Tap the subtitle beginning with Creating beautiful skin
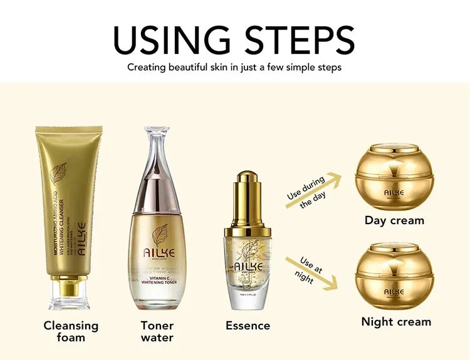click(x=234, y=67)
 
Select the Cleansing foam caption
click(x=71, y=331)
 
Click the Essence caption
click(x=248, y=326)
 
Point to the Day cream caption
click(x=394, y=220)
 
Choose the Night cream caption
click(x=396, y=322)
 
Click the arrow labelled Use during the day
click(x=313, y=193)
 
